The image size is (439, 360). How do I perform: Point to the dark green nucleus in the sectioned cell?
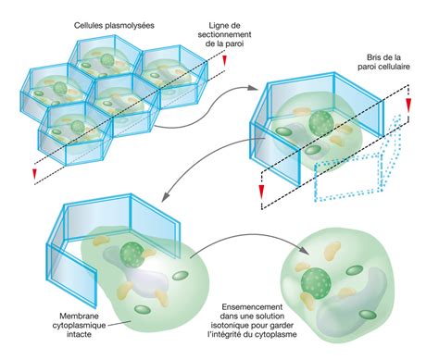point(320,122)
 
